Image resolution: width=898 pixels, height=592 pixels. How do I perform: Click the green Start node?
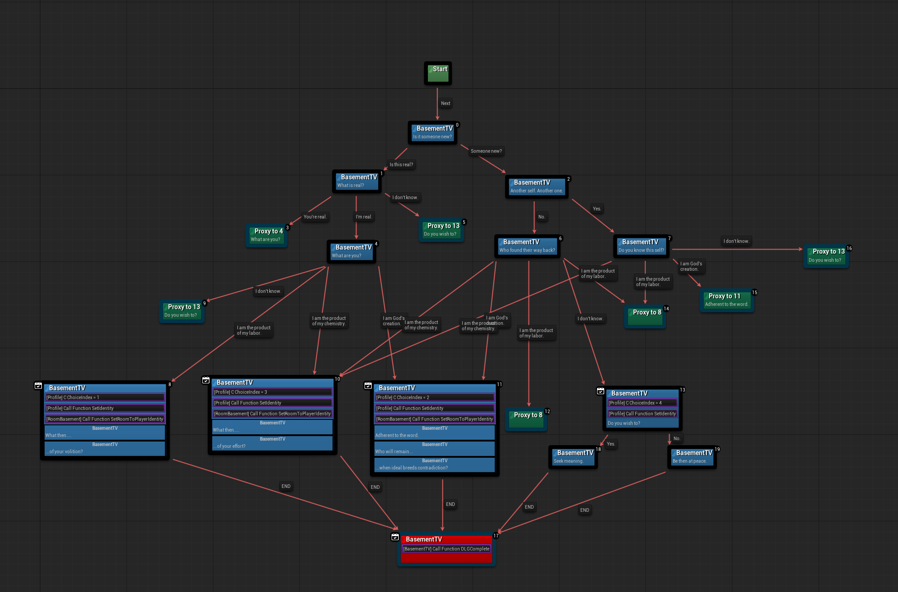pos(438,73)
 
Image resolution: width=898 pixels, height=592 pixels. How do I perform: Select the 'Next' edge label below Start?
pos(445,103)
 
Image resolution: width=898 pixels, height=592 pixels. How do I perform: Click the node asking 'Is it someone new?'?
pos(432,132)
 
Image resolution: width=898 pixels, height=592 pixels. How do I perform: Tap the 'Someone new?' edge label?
pos(486,151)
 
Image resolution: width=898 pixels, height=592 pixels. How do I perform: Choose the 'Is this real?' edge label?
pos(401,164)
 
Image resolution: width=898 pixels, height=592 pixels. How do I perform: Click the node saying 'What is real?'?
pos(356,181)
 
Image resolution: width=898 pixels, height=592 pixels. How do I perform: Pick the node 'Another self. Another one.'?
pos(536,187)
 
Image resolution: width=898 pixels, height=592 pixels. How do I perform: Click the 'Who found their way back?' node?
pos(527,246)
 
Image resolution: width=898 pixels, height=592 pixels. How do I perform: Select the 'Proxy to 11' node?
pos(726,300)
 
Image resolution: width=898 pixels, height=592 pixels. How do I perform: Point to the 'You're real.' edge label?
pos(315,217)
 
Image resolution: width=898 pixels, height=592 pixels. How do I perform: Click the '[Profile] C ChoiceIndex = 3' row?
pos(272,392)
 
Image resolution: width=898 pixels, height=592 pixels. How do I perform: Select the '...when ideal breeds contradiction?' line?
pos(434,468)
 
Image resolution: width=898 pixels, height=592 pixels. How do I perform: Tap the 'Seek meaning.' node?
pos(572,457)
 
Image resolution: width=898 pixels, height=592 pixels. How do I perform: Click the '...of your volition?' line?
pos(105,451)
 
